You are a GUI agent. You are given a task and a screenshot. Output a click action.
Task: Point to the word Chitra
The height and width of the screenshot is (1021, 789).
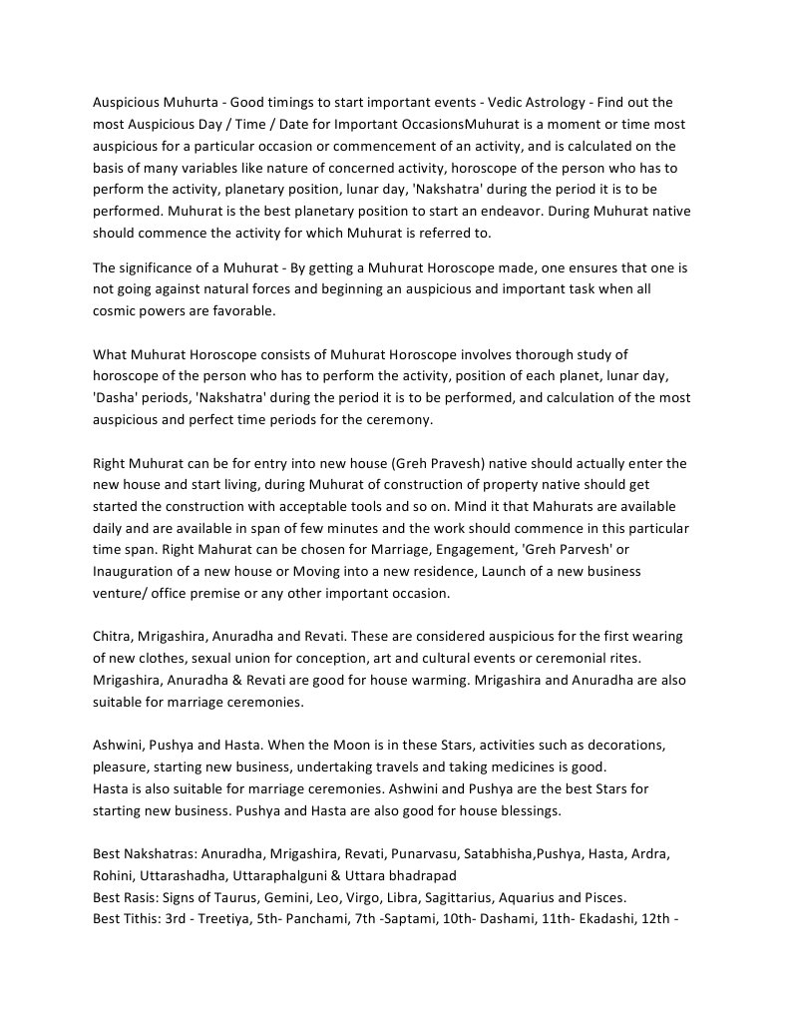113,637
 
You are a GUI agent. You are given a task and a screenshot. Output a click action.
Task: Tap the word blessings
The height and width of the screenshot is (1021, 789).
530,810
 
